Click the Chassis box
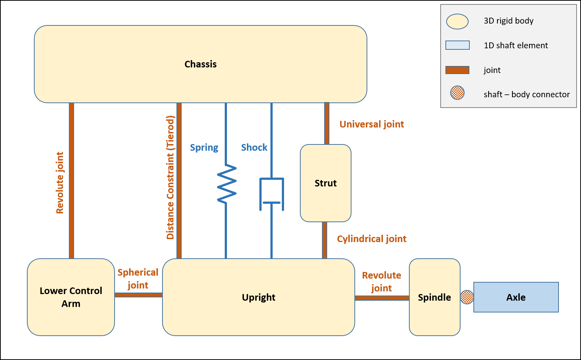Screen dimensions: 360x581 [200, 64]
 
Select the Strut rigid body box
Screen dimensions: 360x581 [326, 183]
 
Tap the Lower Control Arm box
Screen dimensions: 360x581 [71, 297]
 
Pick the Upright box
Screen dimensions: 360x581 [258, 297]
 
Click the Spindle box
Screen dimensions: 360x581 [434, 297]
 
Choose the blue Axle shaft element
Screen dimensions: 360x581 [516, 297]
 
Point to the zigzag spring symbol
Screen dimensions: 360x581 [227, 184]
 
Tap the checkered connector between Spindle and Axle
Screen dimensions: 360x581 [467, 297]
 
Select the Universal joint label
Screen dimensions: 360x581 [371, 124]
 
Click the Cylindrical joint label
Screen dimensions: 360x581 [371, 239]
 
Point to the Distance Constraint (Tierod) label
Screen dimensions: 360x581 [170, 178]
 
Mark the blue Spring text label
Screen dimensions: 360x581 [204, 147]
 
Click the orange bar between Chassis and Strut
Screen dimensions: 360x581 [327, 123]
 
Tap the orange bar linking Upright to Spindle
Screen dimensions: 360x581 [382, 298]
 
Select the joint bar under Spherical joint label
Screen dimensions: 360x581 [138, 295]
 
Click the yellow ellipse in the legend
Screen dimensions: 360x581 [457, 22]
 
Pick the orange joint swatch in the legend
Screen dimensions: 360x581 [457, 70]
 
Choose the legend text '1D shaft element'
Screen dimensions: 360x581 [515, 45]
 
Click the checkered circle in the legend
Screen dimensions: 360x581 [457, 92]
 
